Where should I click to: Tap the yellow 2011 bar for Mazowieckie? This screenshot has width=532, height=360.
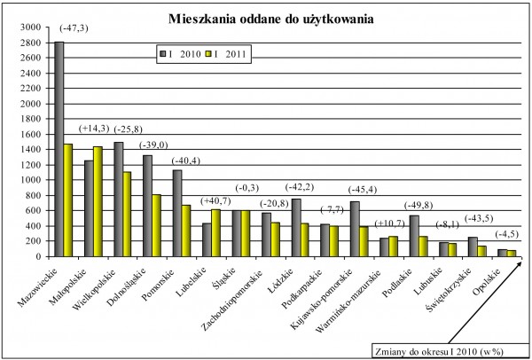[x=68, y=200]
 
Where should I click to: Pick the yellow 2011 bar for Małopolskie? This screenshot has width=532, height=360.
[x=98, y=201]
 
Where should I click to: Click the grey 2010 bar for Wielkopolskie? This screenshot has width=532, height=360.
[x=118, y=200]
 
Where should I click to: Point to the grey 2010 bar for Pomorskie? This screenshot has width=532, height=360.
[x=176, y=213]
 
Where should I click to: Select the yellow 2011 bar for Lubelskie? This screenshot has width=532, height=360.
[x=215, y=232]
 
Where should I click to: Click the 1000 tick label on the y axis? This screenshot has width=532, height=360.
[x=33, y=180]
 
